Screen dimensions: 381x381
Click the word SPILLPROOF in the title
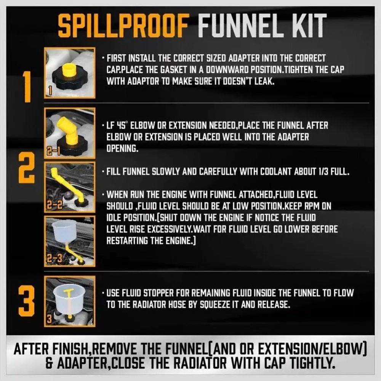coord(123,25)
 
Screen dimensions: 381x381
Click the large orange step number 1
coord(27,87)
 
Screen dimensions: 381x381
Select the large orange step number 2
coord(26,168)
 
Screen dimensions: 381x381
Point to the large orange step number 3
coord(26,301)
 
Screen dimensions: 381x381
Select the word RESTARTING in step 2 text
coord(127,241)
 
